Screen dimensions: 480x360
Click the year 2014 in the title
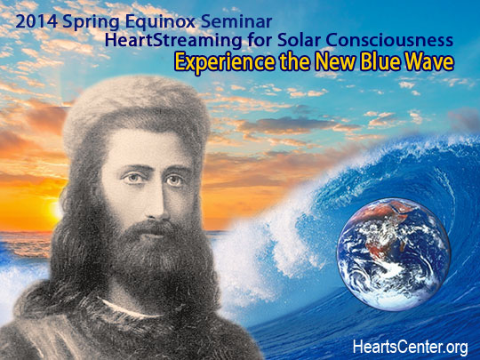[x=36, y=21]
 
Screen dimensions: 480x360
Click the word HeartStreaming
[x=173, y=41]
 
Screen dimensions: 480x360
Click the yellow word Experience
[x=225, y=63]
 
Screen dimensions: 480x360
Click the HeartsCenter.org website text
[x=410, y=348]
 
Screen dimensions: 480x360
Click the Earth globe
[x=394, y=254]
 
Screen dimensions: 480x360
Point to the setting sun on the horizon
[x=56, y=210]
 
